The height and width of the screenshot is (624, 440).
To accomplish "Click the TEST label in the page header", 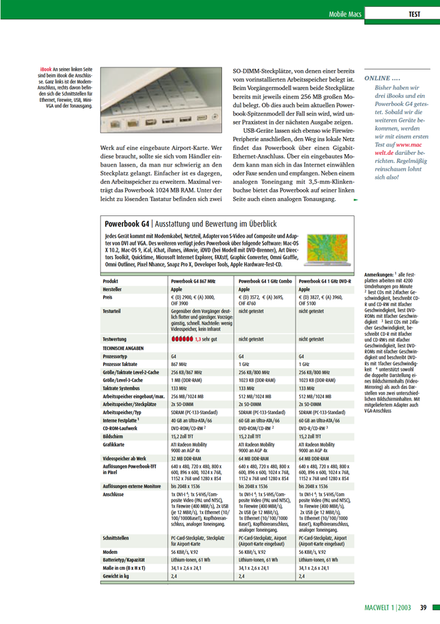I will [415, 14].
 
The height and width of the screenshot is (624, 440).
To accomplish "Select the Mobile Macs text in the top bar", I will [346, 14].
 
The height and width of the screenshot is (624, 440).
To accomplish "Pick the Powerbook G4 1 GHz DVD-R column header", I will [324, 281].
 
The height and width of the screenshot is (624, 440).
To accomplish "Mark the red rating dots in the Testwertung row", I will [181, 339].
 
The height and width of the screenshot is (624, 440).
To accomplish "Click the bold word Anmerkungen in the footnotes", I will [379, 275].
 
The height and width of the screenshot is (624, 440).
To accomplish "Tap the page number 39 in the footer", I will [424, 607].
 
